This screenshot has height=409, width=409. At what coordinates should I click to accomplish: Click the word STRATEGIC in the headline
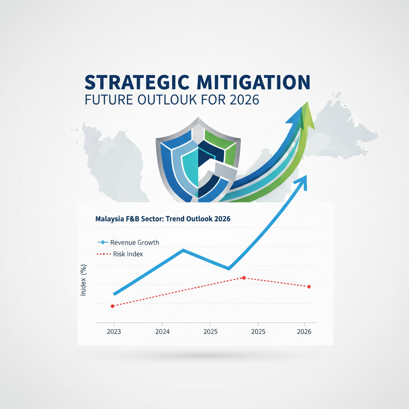(137, 82)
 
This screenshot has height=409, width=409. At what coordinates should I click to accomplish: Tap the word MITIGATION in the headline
(253, 82)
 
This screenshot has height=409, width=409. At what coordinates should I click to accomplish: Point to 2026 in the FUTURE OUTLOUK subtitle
(244, 100)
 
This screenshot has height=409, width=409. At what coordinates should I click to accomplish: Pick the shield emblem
(198, 160)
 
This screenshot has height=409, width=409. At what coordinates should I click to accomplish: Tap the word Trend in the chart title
(175, 218)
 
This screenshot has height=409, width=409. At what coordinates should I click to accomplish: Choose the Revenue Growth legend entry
(128, 242)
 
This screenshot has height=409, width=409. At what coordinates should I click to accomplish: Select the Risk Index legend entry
(120, 254)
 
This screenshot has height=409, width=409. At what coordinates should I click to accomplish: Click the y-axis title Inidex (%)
(83, 280)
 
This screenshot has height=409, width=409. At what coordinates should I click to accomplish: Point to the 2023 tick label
(114, 332)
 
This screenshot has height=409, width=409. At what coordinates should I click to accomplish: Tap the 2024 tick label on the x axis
(163, 332)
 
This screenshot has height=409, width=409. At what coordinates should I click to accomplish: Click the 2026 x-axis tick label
(304, 332)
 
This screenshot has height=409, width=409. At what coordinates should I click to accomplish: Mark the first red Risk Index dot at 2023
(113, 306)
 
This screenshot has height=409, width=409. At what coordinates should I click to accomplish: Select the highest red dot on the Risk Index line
(244, 278)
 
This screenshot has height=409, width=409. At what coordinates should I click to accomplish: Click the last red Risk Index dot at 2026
(309, 287)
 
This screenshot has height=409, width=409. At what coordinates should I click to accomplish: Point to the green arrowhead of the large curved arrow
(308, 116)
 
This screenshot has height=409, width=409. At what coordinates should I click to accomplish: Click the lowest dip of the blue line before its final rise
(229, 268)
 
